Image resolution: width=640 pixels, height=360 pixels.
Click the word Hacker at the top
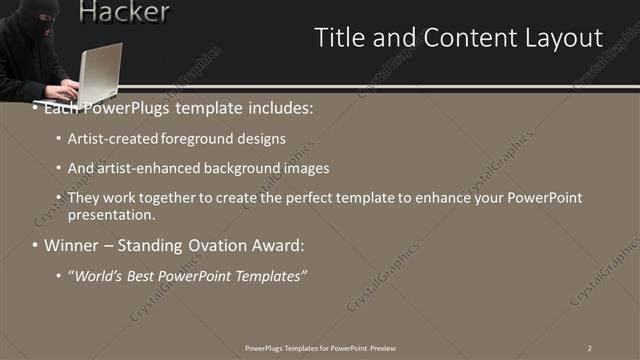[x=123, y=12]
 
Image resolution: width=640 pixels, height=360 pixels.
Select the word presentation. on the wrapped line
[x=111, y=214]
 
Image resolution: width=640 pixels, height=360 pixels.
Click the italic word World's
[x=95, y=275]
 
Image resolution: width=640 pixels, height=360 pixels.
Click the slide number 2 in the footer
[x=590, y=347]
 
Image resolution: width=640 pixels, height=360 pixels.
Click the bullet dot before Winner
[x=35, y=245]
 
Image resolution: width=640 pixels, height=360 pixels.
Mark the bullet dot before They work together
[x=59, y=198]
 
